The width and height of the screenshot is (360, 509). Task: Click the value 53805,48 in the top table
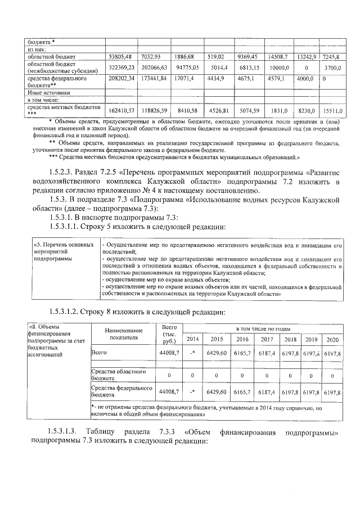coord(120,57)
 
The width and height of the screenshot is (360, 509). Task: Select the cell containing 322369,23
coord(120,67)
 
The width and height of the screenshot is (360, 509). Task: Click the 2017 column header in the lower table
coord(267,339)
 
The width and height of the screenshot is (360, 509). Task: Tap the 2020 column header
coord(332,339)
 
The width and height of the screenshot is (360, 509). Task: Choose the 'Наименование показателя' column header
coord(121,335)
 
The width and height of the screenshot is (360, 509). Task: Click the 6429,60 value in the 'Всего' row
coord(216,352)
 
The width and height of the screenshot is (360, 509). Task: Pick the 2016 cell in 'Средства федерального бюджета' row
coord(242,391)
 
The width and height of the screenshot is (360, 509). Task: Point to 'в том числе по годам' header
coord(263,327)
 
